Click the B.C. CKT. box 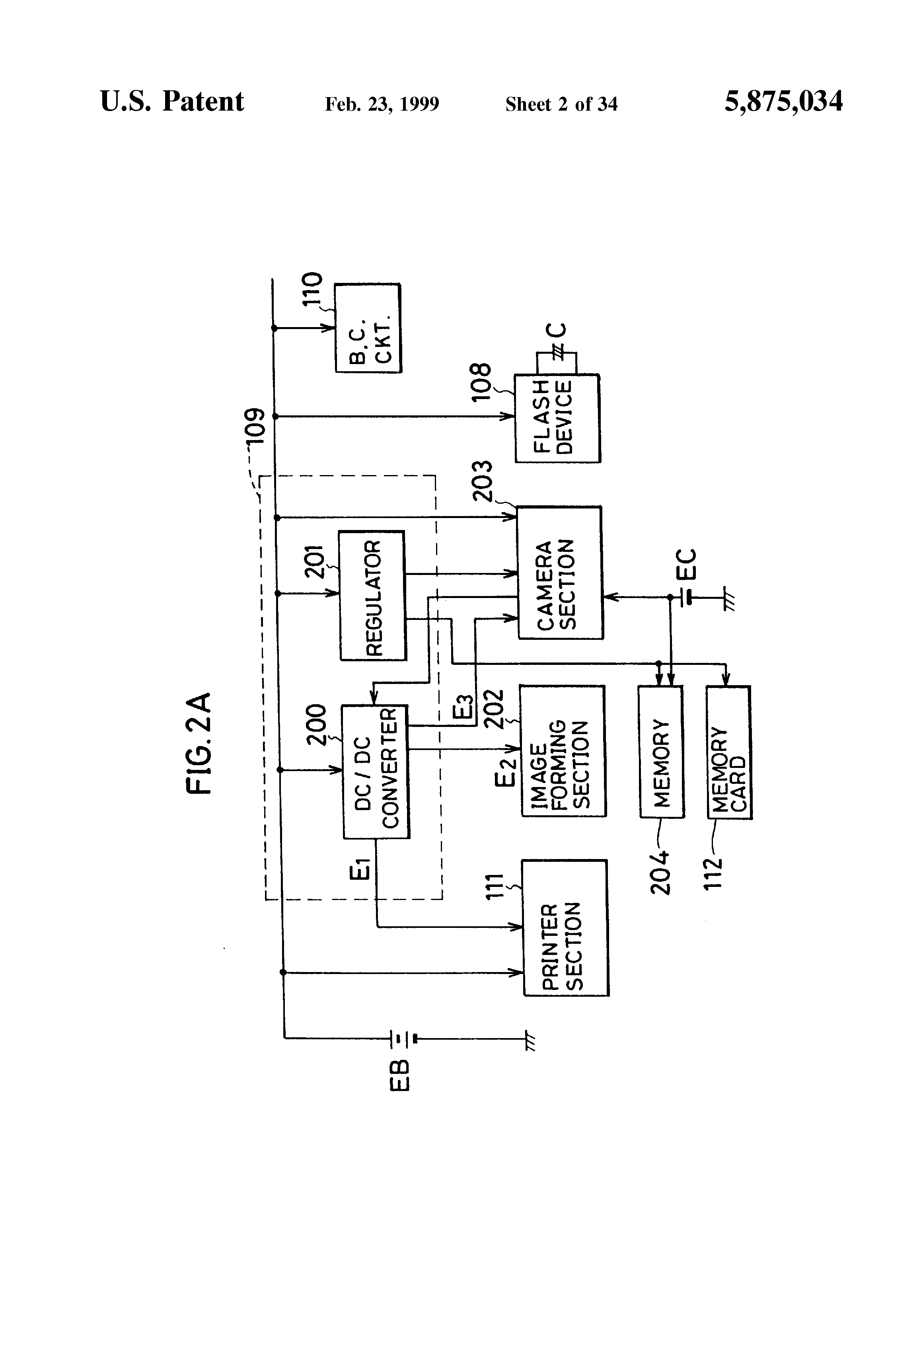click(x=368, y=328)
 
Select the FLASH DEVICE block click(x=557, y=418)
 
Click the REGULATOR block click(x=372, y=595)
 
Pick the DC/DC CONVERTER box click(x=376, y=772)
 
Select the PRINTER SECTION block click(x=565, y=928)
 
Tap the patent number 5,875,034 click(x=784, y=101)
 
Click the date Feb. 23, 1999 click(x=382, y=104)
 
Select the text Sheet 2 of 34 click(x=561, y=104)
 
